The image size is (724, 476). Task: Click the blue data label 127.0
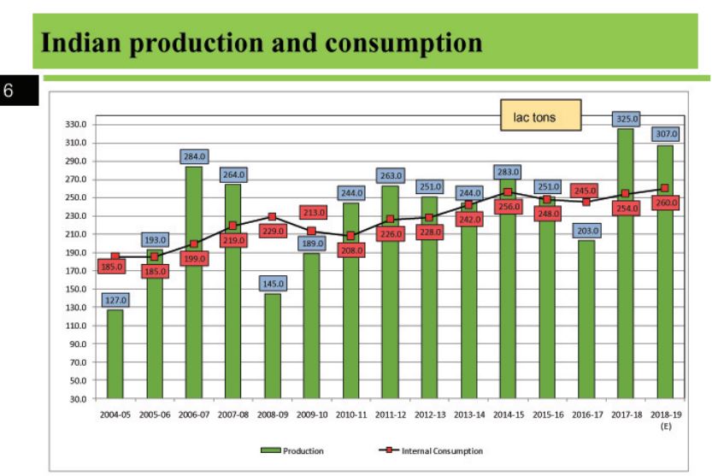(115, 299)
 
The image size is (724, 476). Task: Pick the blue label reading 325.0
(626, 120)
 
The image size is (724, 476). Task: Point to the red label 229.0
(272, 231)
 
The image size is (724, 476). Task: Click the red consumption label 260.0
(664, 203)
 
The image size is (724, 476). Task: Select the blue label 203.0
(586, 231)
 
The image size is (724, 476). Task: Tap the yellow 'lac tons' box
(540, 115)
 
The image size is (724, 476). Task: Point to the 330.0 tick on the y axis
(76, 125)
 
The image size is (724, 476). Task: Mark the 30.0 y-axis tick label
(78, 398)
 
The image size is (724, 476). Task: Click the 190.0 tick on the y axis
(76, 252)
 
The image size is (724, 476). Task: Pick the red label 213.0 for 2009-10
(312, 213)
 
